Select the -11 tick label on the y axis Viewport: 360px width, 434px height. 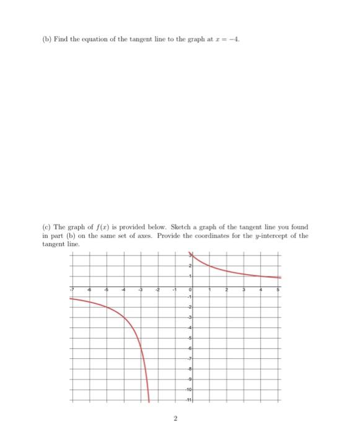189,397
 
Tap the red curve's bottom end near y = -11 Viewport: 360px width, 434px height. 149,401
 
